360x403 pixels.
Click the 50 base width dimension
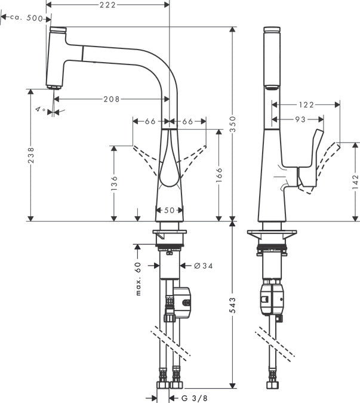coord(170,210)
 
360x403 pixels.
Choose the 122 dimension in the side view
coord(306,104)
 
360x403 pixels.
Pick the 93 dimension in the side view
coord(300,119)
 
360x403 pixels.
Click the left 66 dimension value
coord(150,121)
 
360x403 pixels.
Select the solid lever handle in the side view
coord(310,161)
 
